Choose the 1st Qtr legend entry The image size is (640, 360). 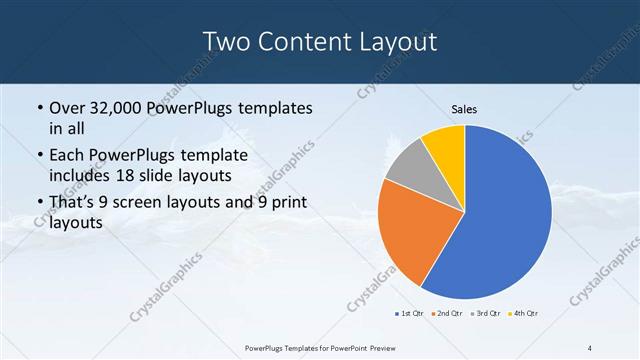point(408,314)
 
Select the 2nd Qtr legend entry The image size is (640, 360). point(445,314)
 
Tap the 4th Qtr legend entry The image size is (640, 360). point(523,314)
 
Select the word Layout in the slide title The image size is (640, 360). point(397,42)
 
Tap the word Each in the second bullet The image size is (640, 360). point(68,156)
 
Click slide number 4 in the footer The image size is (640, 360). point(591,347)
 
